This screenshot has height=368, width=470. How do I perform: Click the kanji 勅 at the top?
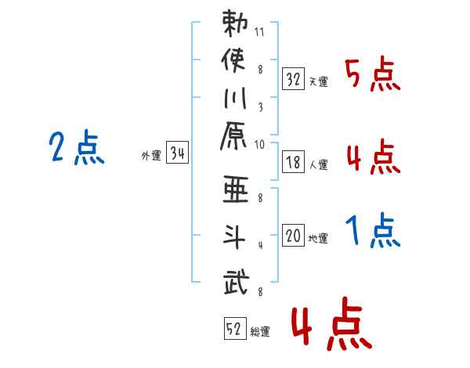[235, 23]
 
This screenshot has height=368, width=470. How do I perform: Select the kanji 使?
[233, 60]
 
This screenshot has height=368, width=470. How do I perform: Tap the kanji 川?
[235, 98]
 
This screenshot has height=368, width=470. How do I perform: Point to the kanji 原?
[233, 136]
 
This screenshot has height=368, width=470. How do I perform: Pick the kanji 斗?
[234, 236]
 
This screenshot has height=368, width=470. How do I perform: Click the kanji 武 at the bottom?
[237, 281]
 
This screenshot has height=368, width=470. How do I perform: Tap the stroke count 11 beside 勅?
[259, 32]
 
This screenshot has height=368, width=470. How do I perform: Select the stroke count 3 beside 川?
[261, 107]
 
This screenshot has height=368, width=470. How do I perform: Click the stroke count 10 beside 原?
[259, 145]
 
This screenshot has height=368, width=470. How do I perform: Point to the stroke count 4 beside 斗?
[261, 245]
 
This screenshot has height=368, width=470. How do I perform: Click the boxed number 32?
[293, 78]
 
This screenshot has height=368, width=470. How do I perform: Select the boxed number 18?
[293, 162]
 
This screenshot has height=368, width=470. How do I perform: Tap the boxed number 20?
[293, 235]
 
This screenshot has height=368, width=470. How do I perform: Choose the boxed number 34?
[177, 152]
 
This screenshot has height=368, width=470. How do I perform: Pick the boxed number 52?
[235, 328]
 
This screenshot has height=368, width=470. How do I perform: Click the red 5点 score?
[372, 74]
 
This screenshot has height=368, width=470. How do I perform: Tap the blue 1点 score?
[373, 230]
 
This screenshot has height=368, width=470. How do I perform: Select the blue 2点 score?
[77, 147]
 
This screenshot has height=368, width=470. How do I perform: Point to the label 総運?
[260, 331]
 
